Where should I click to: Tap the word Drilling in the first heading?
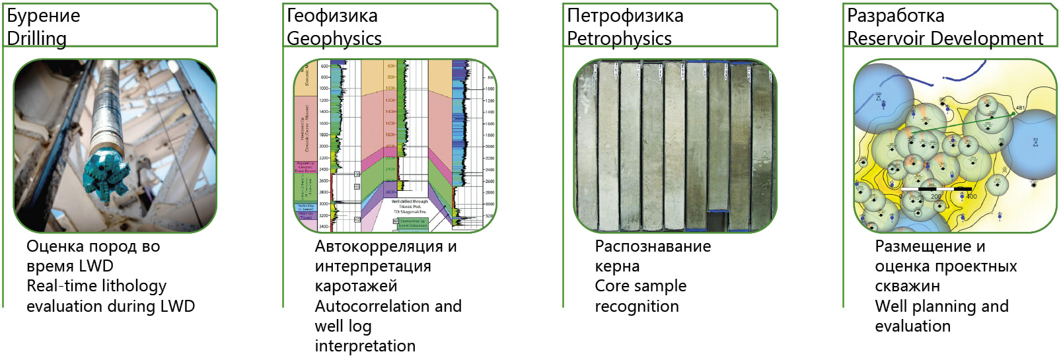coord(37,38)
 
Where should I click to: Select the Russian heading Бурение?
coord(44,15)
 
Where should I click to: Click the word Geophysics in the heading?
coord(334,38)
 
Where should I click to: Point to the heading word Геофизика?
coord(332,15)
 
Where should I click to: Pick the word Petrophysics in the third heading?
coord(619,38)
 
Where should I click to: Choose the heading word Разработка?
coord(895,15)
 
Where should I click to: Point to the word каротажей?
coord(355,286)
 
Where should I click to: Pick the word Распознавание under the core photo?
coord(653,246)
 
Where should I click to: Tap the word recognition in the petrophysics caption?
coord(636,306)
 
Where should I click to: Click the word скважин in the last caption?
coord(907,286)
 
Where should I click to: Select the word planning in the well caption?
coord(943,306)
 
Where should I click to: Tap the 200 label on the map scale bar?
coord(935,196)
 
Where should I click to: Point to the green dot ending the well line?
coord(1013,114)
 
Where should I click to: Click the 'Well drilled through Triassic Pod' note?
coord(410,206)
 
